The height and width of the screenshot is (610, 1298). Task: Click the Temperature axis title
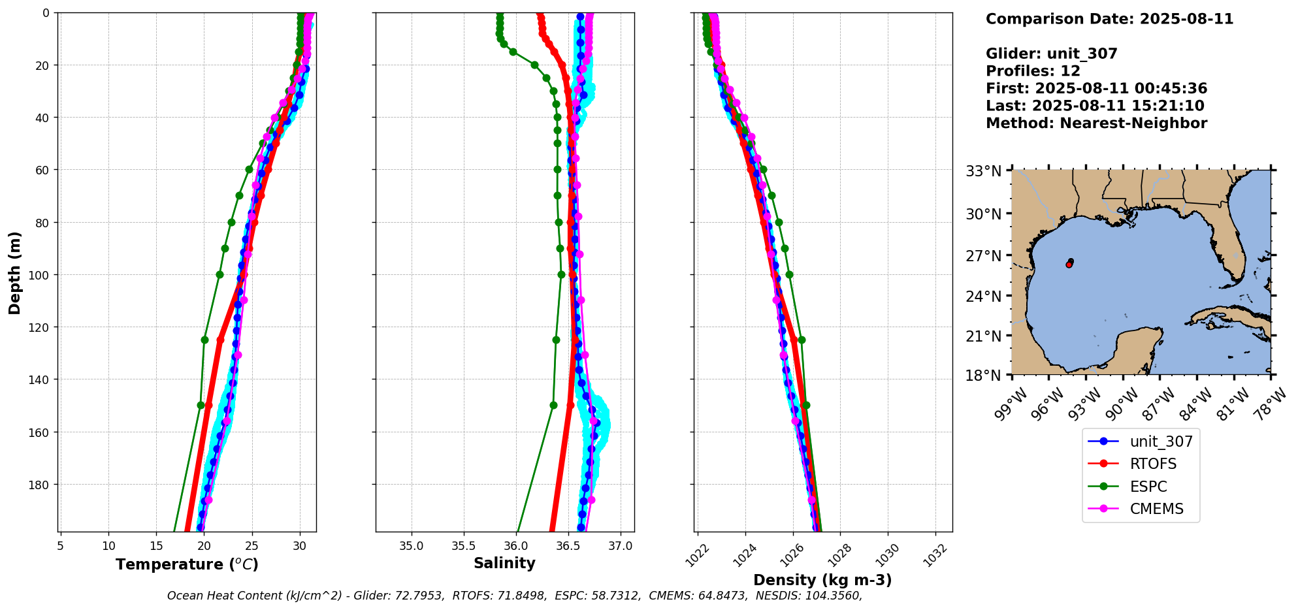tap(187, 564)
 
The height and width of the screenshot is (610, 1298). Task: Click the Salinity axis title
tap(504, 564)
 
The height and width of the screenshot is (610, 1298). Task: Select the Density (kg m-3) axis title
tap(822, 580)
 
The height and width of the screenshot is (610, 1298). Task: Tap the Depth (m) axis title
tap(14, 272)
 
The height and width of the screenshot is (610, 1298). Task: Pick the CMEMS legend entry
tap(1156, 509)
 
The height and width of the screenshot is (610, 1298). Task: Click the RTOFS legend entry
tap(1153, 464)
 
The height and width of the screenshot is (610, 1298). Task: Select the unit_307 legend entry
tap(1161, 441)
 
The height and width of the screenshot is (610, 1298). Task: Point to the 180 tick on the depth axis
tap(40, 485)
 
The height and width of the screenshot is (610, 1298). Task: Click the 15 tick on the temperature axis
tap(156, 546)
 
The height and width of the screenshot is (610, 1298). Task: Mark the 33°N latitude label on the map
tap(983, 171)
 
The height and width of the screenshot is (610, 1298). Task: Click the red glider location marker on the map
tap(1069, 265)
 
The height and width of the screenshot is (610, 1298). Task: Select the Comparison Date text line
tap(1109, 19)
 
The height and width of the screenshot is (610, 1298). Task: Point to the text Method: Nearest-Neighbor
tap(1096, 123)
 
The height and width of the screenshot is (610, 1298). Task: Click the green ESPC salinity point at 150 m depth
tap(553, 405)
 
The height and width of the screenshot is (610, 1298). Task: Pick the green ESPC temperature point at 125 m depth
tap(204, 340)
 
